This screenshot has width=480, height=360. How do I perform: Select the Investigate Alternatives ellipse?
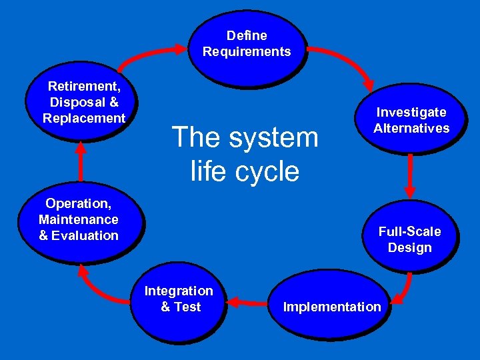pos(411,121)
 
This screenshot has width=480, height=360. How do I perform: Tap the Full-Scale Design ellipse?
pos(409,239)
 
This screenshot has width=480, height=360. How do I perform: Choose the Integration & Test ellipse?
pos(179,299)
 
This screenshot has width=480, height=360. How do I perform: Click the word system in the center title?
pos(273,137)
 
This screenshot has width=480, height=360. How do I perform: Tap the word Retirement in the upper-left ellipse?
pos(83,86)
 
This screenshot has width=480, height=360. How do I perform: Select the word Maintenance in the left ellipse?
pos(79,219)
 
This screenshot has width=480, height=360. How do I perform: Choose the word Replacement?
pos(84,118)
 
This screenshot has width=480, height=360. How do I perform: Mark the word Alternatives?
pos(411,128)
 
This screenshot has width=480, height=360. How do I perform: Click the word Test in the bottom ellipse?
pos(187,307)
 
